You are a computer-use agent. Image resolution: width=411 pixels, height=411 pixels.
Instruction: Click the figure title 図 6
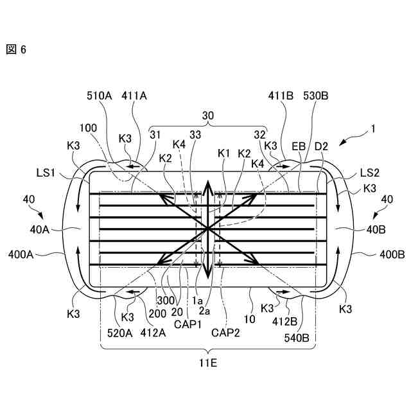(16, 49)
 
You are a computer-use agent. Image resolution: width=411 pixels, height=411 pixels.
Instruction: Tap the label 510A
(100, 96)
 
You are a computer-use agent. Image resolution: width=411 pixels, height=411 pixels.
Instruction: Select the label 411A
(134, 96)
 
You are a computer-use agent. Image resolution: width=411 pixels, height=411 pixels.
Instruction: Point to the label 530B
(317, 96)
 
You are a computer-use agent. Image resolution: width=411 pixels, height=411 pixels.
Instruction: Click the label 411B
(281, 96)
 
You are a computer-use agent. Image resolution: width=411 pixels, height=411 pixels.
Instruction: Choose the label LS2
(371, 172)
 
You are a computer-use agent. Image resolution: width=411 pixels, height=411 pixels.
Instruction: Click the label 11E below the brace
(208, 364)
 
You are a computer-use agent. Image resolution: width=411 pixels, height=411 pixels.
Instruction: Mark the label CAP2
(225, 333)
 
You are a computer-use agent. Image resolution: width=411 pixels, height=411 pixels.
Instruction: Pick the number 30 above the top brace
(208, 116)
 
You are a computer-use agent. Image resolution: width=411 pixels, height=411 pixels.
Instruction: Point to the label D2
(321, 146)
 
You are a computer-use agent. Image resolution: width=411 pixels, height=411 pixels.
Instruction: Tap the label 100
(89, 128)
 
